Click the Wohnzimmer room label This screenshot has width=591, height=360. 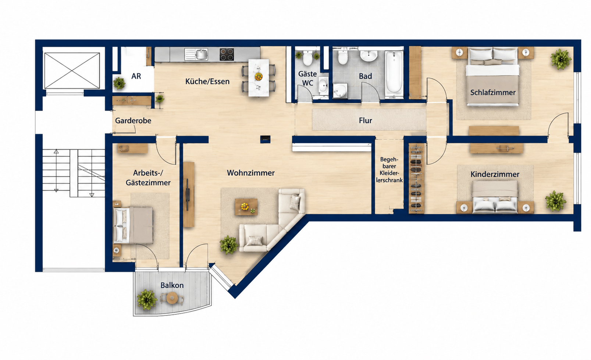click(251, 173)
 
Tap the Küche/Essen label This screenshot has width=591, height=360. click(207, 82)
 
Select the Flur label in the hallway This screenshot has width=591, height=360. click(366, 121)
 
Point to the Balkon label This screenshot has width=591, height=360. click(172, 285)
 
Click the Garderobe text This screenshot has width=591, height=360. click(133, 121)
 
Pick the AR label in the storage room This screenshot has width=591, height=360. click(136, 76)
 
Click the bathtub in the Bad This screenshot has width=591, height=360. click(394, 72)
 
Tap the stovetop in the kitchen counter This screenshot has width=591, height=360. click(227, 54)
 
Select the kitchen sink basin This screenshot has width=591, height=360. click(201, 54)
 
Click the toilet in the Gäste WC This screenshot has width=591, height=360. click(308, 58)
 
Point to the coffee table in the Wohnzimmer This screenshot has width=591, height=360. click(246, 207)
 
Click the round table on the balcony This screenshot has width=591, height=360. click(172, 298)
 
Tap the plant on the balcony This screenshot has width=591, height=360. click(147, 300)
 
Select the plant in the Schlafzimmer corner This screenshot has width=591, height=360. click(561, 59)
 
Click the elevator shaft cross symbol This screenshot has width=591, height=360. click(72, 71)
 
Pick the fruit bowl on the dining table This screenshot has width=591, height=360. click(259, 76)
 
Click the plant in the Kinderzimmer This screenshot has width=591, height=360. click(556, 201)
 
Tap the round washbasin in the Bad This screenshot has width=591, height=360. click(369, 56)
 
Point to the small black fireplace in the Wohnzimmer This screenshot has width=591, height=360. click(265, 139)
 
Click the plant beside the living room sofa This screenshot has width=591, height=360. click(229, 245)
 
